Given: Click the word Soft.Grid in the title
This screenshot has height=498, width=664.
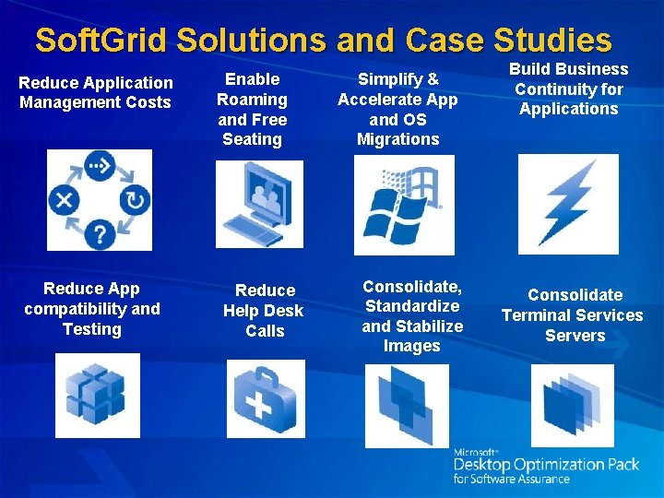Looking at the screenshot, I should pos(101,40).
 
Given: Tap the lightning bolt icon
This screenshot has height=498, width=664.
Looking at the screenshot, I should pos(567,204).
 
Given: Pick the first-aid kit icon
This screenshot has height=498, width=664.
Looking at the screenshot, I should pos(265,397).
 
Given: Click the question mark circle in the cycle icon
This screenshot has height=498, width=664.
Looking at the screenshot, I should pos(99,233).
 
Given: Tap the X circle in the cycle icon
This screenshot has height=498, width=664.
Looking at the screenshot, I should pos(65,200).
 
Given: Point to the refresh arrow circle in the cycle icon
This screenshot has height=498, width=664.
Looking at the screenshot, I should pos(134,200).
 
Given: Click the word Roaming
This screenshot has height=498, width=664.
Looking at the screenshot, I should pos(252,100).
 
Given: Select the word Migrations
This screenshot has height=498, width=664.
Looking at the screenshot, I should pos(398,139).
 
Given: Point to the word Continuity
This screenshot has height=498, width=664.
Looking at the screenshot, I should pos(568,89).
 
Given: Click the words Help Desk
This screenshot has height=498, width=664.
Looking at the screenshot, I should pos(263,311).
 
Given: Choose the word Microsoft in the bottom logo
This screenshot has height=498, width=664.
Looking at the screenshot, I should pos(476,452).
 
